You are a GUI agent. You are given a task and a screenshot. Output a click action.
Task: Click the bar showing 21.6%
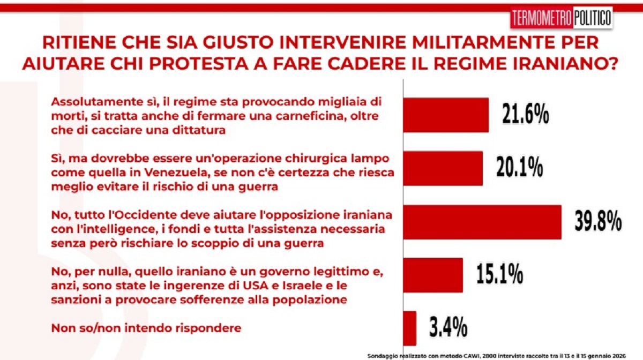click(446, 115)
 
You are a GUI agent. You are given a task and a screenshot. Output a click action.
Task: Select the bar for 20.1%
click(443, 168)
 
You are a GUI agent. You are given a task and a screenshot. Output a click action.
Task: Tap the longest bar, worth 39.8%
click(482, 222)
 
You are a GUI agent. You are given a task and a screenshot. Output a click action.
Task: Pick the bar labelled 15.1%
click(433, 275)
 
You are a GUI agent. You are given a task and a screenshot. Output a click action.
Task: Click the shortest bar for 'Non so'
click(409, 328)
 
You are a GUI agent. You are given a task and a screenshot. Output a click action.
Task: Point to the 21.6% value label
click(525, 114)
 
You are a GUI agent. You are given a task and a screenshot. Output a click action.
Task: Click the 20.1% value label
click(520, 167)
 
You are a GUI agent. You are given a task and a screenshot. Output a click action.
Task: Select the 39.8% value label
click(598, 221)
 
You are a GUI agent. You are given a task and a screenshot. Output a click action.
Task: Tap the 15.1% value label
click(500, 274)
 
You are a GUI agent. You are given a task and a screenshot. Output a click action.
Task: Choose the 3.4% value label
click(448, 327)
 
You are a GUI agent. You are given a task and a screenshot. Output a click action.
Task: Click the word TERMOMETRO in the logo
click(542, 18)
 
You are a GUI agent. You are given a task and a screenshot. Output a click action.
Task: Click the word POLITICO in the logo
click(592, 18)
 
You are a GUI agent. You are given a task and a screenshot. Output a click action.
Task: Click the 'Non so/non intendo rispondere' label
click(146, 328)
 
